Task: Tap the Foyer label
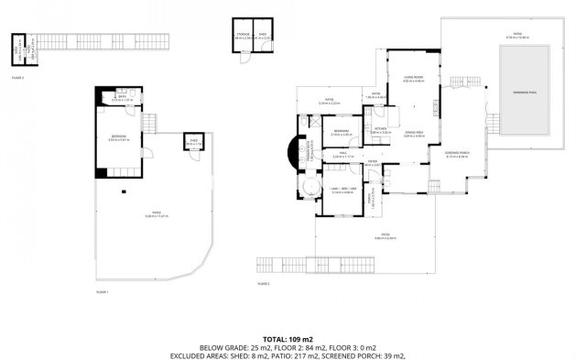[x=373, y=163]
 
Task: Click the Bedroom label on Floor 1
[x=117, y=137]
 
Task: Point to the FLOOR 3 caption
[x=18, y=78]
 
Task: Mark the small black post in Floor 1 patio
[x=124, y=192]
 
